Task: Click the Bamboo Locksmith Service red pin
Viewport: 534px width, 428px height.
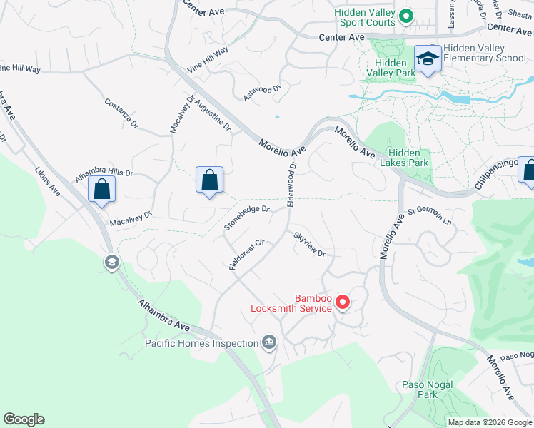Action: coord(343,302)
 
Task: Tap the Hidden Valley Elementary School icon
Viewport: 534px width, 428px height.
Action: coord(428,58)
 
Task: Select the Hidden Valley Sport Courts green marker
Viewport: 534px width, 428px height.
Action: coord(405,15)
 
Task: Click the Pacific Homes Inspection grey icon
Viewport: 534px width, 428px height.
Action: coord(268,343)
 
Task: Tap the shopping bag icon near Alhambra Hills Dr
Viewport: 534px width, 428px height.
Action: coord(102,190)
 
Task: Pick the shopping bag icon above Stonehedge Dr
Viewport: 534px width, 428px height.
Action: coord(210,180)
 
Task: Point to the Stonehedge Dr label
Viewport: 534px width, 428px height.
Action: coord(246,218)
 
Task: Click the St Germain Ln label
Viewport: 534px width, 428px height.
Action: coord(430,217)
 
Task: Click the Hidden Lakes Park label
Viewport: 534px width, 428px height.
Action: coord(409,158)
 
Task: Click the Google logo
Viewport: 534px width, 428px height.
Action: coord(24,419)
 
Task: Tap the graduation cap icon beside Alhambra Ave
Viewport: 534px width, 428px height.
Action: coord(111,263)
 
